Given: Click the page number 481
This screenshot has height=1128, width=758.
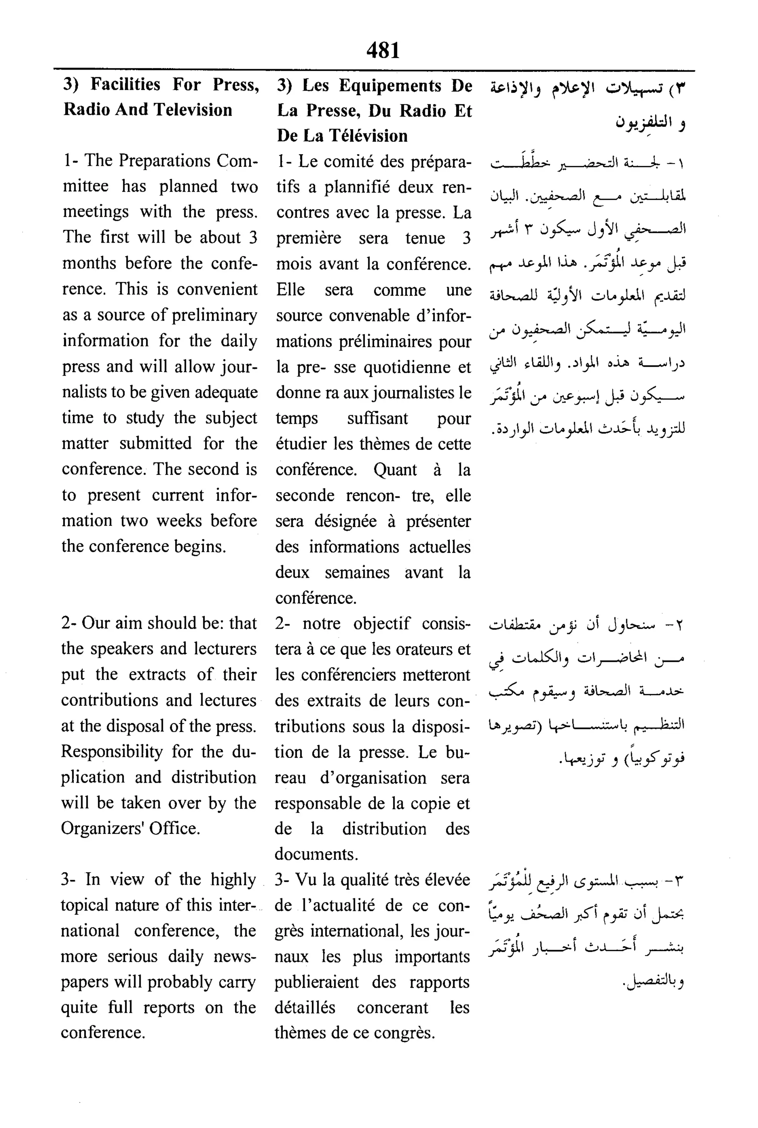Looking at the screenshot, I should pyautogui.click(x=383, y=50).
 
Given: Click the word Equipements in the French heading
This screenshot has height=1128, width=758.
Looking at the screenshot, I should pyautogui.click(x=390, y=86).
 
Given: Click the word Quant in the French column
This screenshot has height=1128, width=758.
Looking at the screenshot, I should pyautogui.click(x=395, y=470).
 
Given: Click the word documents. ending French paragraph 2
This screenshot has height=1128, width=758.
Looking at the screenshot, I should pyautogui.click(x=316, y=854).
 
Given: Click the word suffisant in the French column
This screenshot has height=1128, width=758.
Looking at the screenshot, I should pyautogui.click(x=377, y=419).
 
